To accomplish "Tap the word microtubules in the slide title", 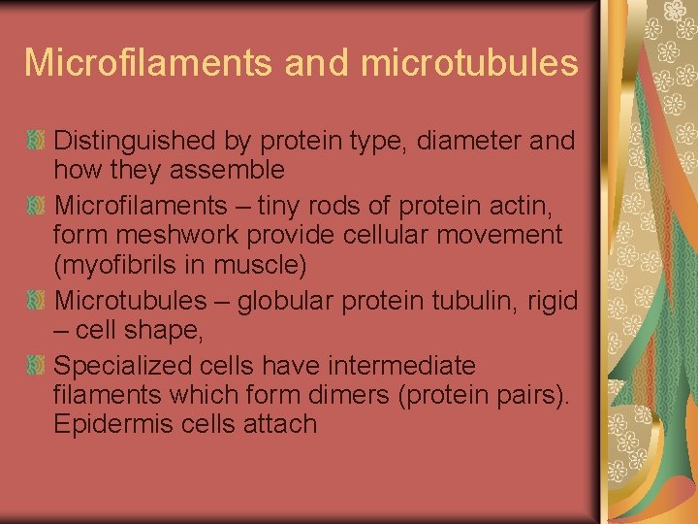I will pos(469,62).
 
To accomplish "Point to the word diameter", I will pos(469,141).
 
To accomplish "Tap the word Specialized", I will pos(122,366).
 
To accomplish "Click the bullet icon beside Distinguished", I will pos(36,142).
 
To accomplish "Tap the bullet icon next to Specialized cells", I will pos(36,366).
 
